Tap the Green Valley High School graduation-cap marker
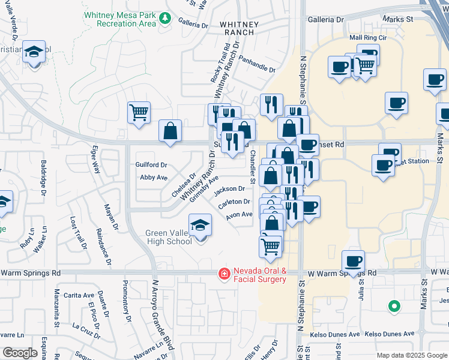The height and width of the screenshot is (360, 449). (200, 227)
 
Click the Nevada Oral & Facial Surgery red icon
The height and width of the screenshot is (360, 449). (224, 274)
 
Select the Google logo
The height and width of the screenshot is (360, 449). (19, 353)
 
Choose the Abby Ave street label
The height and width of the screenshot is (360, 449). (153, 178)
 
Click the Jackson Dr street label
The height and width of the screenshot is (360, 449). (229, 190)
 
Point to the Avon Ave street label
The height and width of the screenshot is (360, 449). (239, 214)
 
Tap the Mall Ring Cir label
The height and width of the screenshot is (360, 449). (367, 37)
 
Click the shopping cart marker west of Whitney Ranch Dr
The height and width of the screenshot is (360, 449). (139, 112)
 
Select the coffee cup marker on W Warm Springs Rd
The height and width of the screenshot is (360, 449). (353, 261)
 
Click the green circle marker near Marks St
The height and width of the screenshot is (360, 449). (394, 306)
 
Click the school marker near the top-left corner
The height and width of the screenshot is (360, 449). (34, 52)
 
